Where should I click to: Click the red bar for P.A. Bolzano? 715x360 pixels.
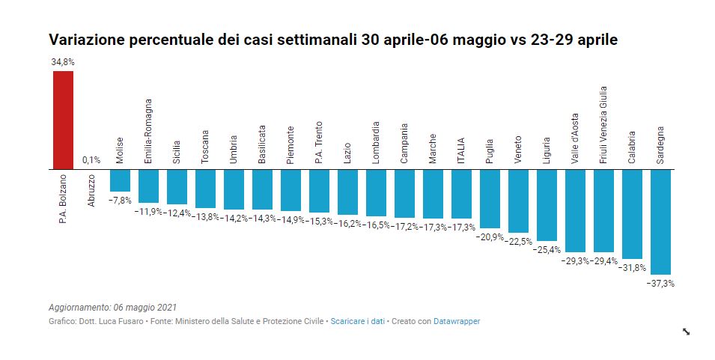point(63,120)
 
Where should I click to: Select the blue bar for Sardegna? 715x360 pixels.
point(660,222)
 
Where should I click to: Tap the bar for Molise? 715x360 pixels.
point(120,180)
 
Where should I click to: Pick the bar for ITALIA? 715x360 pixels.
point(461,194)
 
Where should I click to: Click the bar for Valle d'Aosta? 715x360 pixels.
point(575,210)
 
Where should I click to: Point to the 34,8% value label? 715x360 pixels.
point(63,62)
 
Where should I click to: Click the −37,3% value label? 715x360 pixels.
point(660,284)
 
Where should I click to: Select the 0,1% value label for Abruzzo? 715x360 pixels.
point(91,160)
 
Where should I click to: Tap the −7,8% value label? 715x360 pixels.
point(120,201)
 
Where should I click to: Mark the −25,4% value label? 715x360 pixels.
point(547,250)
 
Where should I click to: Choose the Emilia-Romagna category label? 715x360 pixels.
point(148,131)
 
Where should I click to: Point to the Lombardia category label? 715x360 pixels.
point(376,142)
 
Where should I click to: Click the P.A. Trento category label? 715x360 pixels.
point(319,141)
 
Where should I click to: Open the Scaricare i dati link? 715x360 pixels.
point(357,321)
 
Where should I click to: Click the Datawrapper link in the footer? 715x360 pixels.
point(457,321)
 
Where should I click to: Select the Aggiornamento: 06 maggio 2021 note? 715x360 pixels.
point(112,308)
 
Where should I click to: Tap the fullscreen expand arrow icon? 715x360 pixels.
point(686,332)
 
